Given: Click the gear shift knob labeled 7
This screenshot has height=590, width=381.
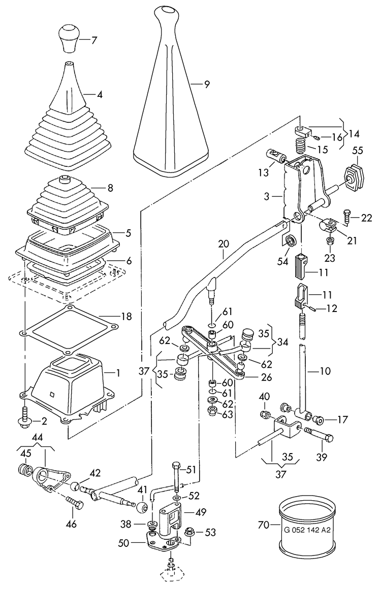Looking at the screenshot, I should click(69, 38).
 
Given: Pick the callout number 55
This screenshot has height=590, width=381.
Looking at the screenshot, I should click(358, 150).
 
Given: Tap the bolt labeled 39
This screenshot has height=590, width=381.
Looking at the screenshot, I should click(318, 434).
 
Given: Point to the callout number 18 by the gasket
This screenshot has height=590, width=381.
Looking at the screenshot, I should click(126, 317).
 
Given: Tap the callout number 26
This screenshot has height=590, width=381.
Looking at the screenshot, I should click(266, 377).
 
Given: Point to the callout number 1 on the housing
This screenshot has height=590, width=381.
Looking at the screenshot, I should click(118, 373).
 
